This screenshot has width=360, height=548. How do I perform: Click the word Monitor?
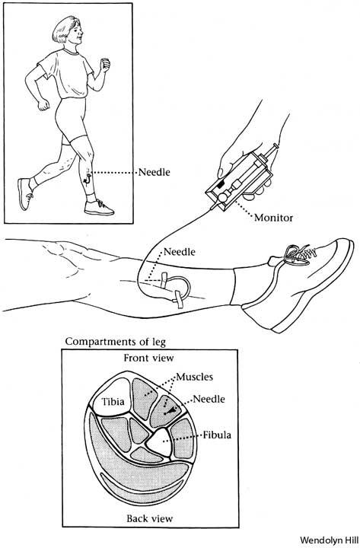point(273,218)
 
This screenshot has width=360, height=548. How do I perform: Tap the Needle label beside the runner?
point(155,172)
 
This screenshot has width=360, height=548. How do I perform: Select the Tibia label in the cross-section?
point(113,402)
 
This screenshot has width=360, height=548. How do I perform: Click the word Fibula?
point(217,435)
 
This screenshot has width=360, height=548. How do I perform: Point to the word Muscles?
point(195,377)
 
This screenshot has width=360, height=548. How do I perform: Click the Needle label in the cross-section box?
point(209,399)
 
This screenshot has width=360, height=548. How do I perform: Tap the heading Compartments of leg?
point(116,342)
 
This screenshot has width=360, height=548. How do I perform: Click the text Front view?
point(148,358)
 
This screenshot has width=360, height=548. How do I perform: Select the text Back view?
point(150,518)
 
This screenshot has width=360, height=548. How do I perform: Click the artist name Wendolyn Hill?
point(330,540)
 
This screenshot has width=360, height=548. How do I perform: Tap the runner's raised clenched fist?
point(104,65)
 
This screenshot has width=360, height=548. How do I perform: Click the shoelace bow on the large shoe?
point(297,253)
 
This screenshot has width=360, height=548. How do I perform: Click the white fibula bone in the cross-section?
point(159,441)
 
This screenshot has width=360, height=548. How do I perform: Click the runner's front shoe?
point(99,208)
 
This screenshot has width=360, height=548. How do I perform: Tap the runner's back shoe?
point(25,194)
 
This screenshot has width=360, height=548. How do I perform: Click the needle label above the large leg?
point(180,252)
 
